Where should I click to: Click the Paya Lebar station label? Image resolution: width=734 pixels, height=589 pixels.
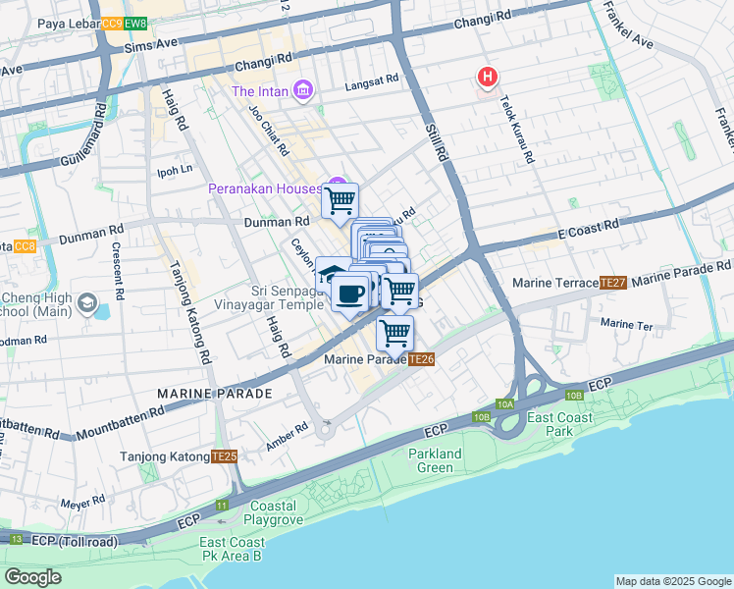pos(49,23)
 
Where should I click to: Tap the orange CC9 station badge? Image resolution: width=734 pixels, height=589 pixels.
pos(111,23)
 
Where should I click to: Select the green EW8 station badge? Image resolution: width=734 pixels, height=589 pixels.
pos(135,23)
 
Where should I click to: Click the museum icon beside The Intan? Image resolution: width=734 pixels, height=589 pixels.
pos(302,91)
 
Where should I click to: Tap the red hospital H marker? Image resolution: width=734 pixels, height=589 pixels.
pos(486,77)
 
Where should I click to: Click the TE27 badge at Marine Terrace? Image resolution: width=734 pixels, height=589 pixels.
pos(612,283)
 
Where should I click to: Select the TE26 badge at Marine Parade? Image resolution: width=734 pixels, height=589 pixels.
pos(421,360)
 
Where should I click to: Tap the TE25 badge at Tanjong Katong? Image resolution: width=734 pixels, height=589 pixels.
pos(224,456)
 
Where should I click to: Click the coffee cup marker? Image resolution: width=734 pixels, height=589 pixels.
pos(350,292)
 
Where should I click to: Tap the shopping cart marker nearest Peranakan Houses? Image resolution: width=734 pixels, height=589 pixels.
pos(341,200)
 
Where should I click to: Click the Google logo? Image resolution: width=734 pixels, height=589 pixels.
pos(33,576)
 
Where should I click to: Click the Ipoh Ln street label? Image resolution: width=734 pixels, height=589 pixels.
pos(175,169)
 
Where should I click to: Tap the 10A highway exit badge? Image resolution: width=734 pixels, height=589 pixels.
pos(504,403)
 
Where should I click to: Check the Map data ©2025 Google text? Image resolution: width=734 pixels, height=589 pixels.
pos(672,581)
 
